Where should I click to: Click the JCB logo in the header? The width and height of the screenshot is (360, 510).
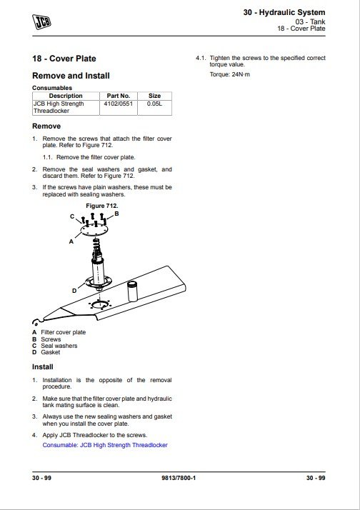point(41,22)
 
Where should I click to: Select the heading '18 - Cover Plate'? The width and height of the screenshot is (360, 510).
point(64,59)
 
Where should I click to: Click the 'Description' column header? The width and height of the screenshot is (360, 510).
point(66,96)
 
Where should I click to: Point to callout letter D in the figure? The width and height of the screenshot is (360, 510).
point(74,291)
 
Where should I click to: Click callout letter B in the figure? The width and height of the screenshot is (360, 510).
point(116,214)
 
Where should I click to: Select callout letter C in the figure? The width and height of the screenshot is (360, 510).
point(72,216)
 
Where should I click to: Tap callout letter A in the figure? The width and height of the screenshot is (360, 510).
point(71,241)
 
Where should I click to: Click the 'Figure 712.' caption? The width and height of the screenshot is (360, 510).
point(102,206)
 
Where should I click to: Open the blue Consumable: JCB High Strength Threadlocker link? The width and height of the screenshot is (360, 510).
point(105,444)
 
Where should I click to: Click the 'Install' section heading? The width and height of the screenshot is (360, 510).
point(43,366)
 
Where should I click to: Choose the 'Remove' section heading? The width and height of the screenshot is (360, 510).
point(46,126)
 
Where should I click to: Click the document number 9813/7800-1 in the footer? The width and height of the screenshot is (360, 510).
point(179,478)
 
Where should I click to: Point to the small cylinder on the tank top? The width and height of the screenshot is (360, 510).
point(133,291)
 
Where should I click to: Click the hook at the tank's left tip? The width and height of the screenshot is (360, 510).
point(36,322)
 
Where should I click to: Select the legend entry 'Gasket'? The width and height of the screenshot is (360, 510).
point(51,352)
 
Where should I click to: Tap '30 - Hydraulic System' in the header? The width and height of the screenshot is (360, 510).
point(284,12)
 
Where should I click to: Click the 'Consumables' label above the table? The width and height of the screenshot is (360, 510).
point(52,88)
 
